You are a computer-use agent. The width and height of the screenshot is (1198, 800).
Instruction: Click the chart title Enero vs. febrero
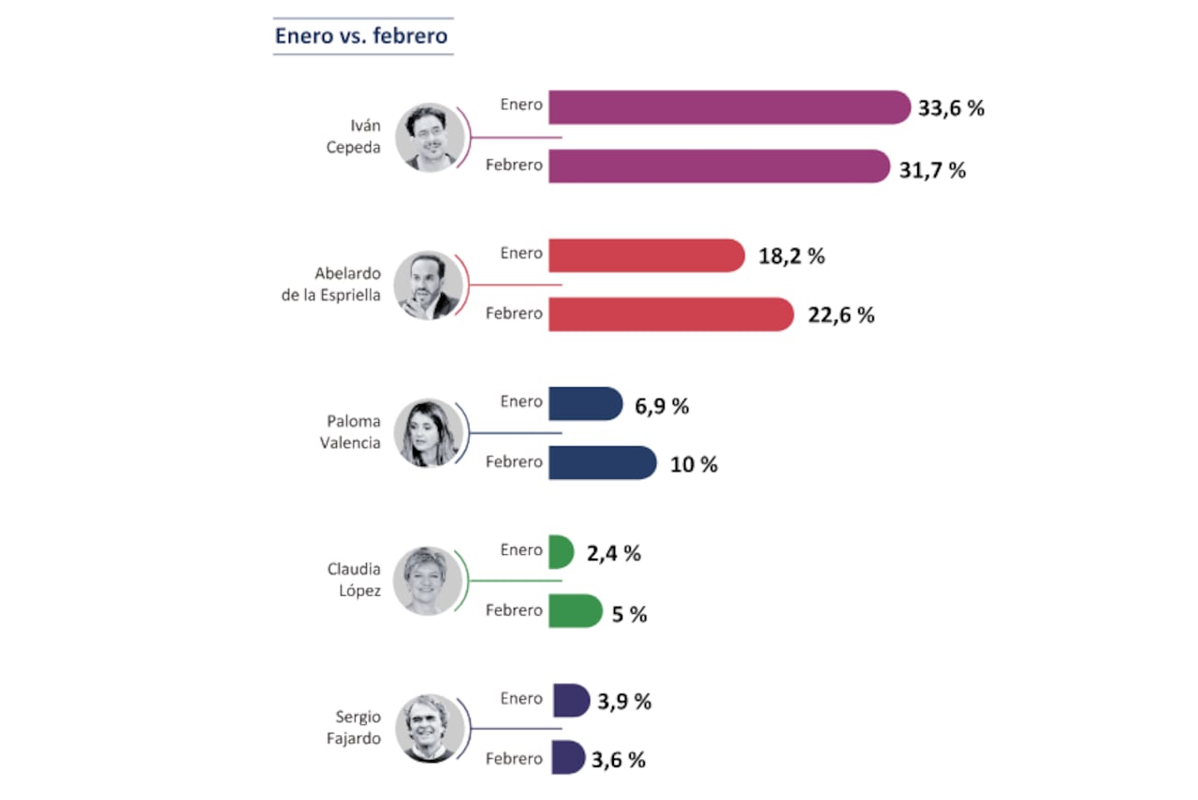coord(361,36)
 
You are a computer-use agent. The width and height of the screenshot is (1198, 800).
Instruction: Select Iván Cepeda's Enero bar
coord(728,107)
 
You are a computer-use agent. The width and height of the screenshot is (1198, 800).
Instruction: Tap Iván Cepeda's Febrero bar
coord(718,166)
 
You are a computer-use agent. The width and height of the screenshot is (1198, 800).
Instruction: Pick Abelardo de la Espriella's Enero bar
coord(646,255)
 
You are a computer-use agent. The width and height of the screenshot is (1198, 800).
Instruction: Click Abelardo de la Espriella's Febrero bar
coord(670,314)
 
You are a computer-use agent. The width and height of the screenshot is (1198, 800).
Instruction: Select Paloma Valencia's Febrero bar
coord(602,462)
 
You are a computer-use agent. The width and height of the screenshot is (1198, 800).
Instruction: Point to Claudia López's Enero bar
coord(561,551)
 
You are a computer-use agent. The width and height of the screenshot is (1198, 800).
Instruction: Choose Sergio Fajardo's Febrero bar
coord(568,758)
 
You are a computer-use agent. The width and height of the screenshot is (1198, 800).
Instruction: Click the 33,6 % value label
coord(951,109)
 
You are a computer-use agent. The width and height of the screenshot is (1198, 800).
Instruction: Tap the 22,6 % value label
coord(840,315)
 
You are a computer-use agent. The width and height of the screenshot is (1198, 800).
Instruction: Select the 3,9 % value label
coord(626,702)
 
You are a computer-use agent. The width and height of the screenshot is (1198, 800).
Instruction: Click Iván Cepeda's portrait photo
coord(430,137)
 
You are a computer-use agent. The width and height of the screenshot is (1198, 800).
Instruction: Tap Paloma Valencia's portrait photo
coord(430,433)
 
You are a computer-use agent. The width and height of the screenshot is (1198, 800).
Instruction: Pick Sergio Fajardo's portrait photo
coord(430,729)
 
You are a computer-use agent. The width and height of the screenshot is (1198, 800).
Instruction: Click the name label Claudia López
coord(354,580)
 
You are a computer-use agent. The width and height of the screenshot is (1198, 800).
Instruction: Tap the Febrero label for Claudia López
coord(514,610)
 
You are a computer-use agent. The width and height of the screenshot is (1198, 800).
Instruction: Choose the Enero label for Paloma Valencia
coord(521,401)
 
